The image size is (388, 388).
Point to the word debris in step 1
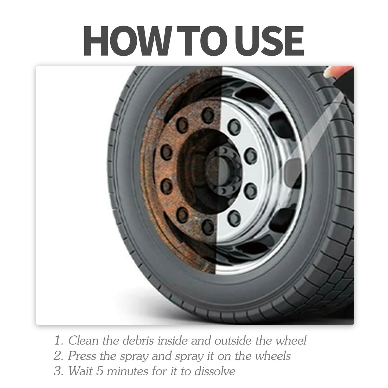pyautogui.click(x=138, y=341)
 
